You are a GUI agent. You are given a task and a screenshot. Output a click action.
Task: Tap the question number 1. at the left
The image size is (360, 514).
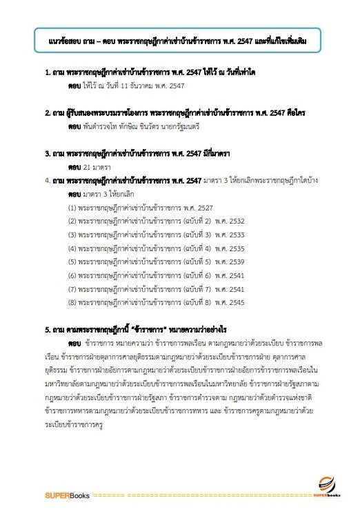[x=47, y=72]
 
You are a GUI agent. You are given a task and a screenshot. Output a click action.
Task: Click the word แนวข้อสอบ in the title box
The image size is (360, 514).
[x=61, y=41]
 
